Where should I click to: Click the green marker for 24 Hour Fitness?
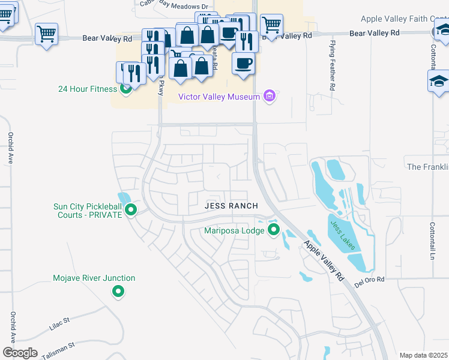(x=126, y=89)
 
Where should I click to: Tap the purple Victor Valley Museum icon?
(x=270, y=96)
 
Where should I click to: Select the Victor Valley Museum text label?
(x=218, y=97)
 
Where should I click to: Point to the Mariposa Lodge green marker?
(x=274, y=229)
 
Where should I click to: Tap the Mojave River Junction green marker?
(x=118, y=292)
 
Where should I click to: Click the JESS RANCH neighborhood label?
(x=231, y=206)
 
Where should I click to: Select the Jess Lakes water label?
(x=342, y=233)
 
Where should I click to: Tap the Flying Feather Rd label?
(x=332, y=66)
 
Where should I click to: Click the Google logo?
(x=20, y=353)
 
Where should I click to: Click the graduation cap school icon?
(x=439, y=82)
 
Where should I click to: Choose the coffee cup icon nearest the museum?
(x=243, y=64)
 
